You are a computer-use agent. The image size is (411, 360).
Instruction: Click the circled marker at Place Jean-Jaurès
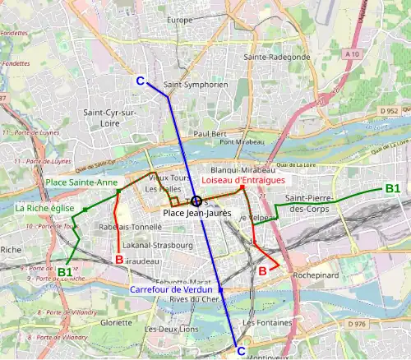(196, 201)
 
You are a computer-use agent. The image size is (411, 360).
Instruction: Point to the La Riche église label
(42, 209)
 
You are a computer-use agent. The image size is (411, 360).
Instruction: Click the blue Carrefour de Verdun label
(176, 289)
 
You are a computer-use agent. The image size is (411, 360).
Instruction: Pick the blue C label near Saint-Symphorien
(140, 81)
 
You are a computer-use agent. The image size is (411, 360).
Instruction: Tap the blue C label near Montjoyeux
(241, 351)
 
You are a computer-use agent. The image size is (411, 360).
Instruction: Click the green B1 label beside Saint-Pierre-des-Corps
(392, 189)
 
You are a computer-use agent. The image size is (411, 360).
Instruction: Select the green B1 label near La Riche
(64, 271)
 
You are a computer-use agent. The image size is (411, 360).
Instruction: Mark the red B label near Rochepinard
(263, 270)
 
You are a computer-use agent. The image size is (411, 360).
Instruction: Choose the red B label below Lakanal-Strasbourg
(118, 260)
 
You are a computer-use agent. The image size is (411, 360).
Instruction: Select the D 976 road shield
(357, 325)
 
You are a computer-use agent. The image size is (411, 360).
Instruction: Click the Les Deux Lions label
(171, 329)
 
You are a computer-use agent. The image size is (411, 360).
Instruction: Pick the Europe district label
(179, 20)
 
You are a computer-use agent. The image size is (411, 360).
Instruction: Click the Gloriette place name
(116, 323)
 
